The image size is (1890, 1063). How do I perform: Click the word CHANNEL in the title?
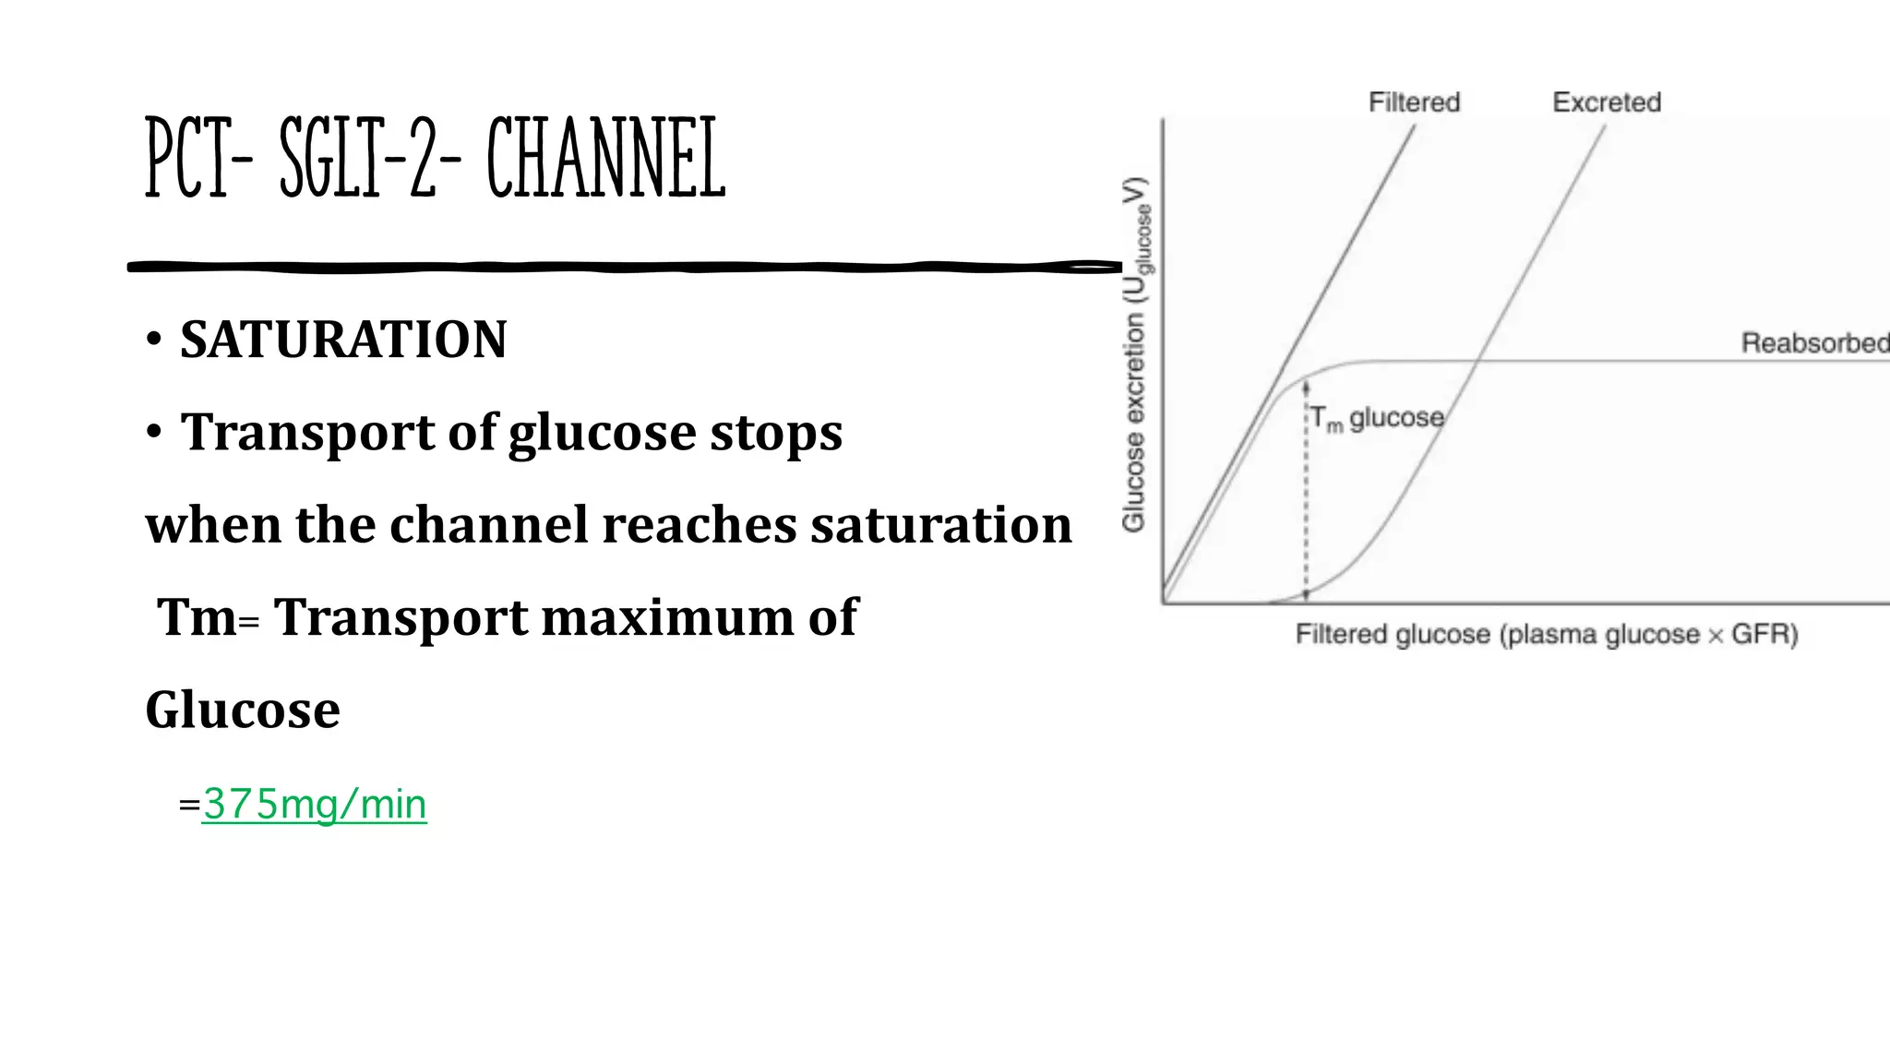[x=605, y=159]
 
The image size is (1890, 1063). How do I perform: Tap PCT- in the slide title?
[x=199, y=159]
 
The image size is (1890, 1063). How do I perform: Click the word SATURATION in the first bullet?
[x=343, y=340]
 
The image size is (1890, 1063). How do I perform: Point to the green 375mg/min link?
[x=314, y=805]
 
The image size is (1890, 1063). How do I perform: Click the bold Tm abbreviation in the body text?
[x=197, y=616]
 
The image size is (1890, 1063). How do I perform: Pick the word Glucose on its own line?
[x=243, y=710]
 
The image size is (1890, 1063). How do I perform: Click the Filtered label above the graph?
[x=1414, y=102]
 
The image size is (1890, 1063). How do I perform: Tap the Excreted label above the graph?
[x=1607, y=102]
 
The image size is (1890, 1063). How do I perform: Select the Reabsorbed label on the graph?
[x=1814, y=343]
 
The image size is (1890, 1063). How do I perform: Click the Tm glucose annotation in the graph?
[x=1377, y=419]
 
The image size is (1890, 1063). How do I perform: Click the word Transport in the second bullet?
[x=307, y=432]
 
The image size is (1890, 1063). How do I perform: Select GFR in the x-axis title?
[x=1763, y=635]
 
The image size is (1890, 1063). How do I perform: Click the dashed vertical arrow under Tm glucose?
[x=1306, y=498]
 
